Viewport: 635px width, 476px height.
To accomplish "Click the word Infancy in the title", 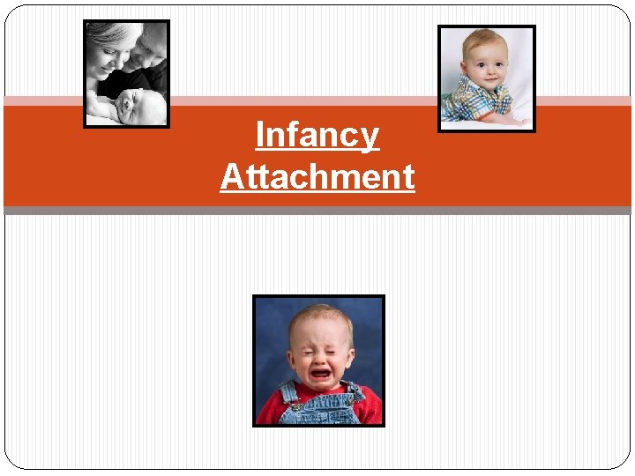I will (x=317, y=136).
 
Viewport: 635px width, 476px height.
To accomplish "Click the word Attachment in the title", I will (x=317, y=176).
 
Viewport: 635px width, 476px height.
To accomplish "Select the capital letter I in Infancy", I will (x=259, y=136).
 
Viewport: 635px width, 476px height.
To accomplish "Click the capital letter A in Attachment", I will (x=232, y=176).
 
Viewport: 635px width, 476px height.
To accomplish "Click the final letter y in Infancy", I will (x=370, y=139).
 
